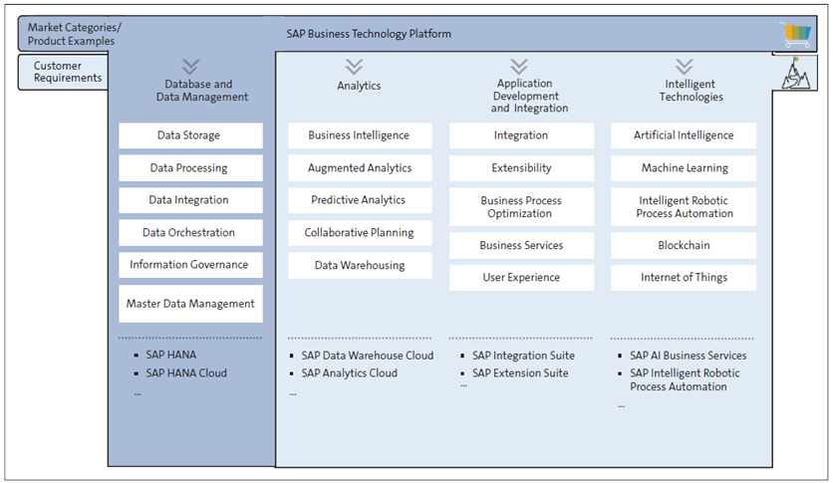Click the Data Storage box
190,135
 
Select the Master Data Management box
190,304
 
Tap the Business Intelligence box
359,135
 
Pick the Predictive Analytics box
359,200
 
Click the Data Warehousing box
359,265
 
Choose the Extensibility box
521,168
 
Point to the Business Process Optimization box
521,207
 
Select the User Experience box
521,278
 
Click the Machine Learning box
684,168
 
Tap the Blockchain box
684,245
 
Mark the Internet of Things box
684,278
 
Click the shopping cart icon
796,35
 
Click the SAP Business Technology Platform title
369,34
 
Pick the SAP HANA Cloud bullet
186,373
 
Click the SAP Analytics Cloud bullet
349,373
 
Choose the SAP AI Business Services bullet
688,356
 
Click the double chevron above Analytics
359,66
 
